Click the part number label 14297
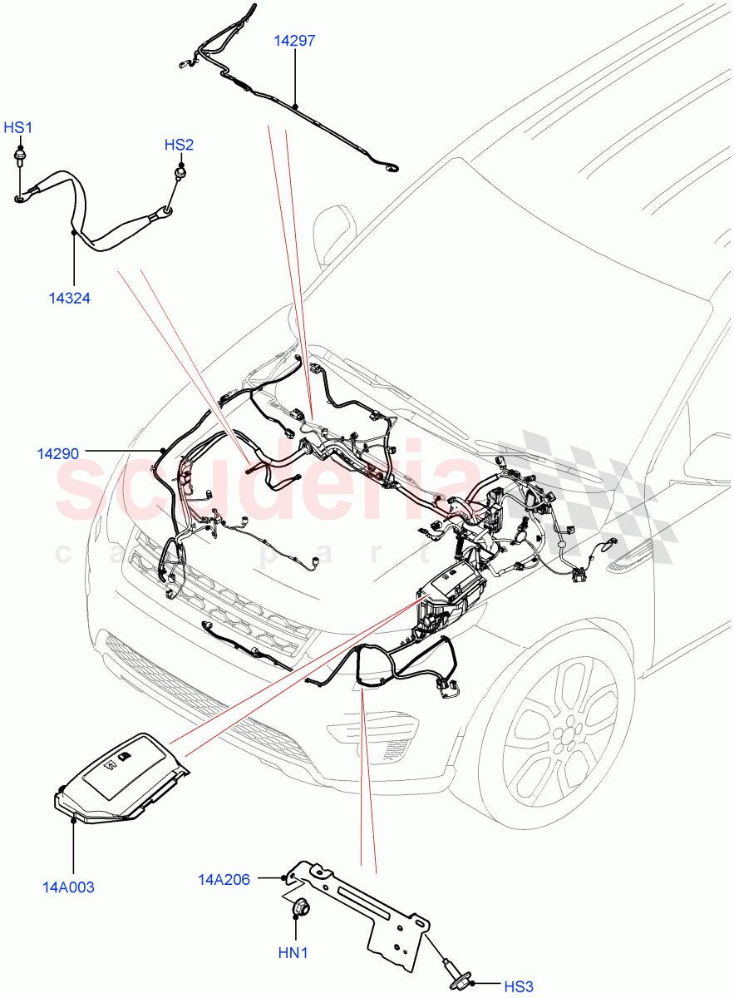coord(295,40)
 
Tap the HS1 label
coord(17,127)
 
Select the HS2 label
coord(179,145)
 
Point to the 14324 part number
coord(70,299)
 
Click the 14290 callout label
coord(58,453)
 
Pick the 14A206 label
coord(223,878)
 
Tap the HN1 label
coord(293,953)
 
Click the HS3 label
coord(518,986)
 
